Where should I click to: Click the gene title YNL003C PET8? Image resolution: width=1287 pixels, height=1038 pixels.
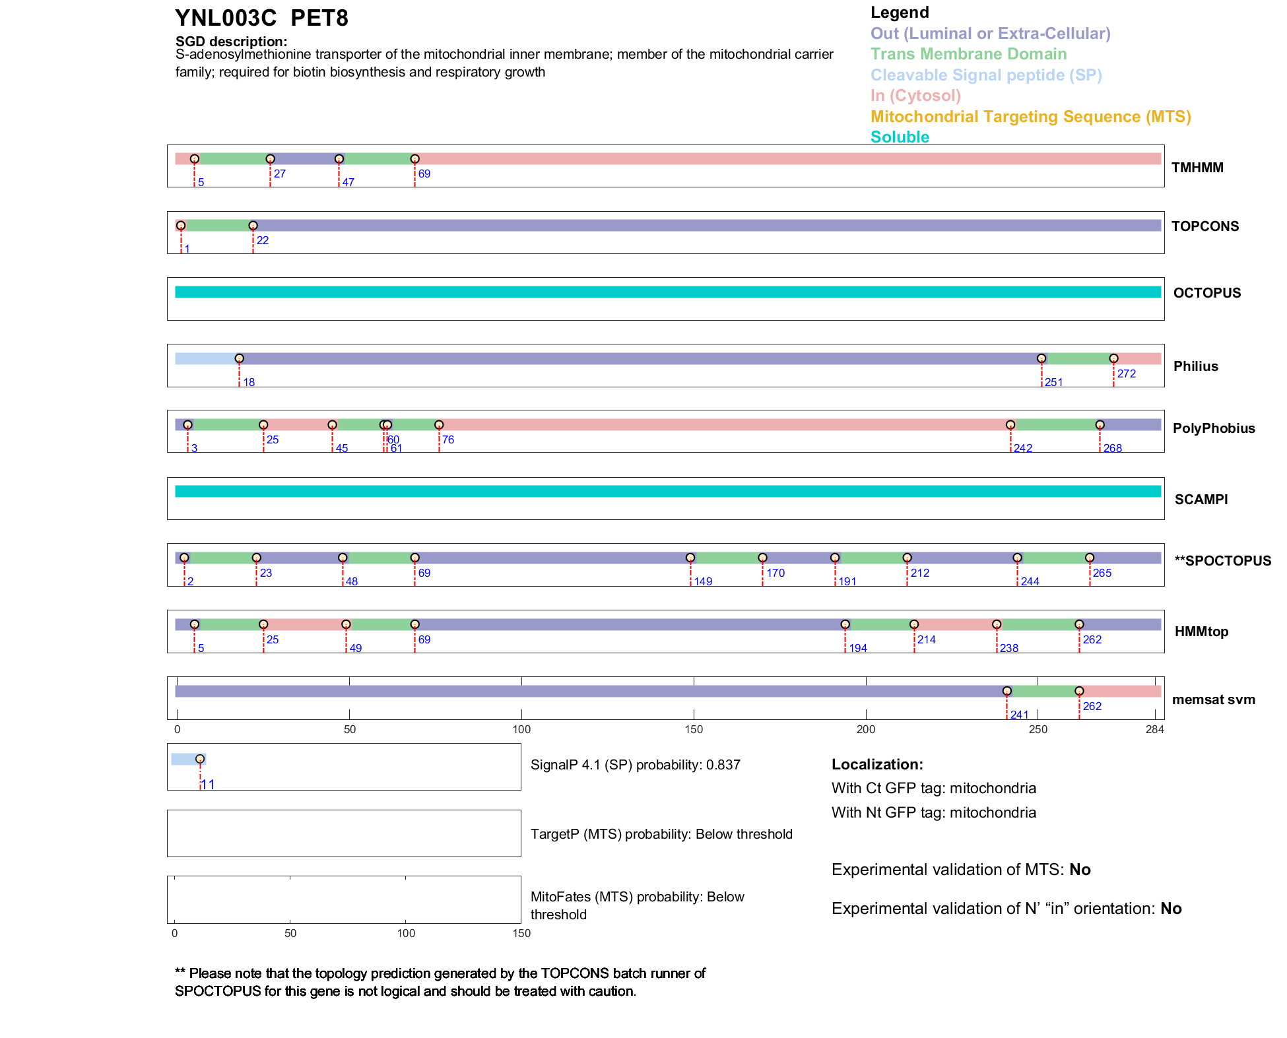point(261,18)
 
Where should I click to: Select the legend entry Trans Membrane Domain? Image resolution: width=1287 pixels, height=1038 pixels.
point(968,54)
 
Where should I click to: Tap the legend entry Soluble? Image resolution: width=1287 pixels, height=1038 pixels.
point(900,137)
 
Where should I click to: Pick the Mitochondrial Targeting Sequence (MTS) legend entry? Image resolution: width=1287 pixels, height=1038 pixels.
point(1030,117)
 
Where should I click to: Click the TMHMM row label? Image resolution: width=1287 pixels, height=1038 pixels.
point(1197,168)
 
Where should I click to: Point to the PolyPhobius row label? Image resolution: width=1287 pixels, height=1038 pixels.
point(1214,428)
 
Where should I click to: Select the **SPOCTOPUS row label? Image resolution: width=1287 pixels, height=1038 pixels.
point(1223,561)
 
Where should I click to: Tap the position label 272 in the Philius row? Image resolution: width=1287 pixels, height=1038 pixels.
point(1127,373)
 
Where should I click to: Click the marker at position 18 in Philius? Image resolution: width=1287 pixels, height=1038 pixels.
point(240,359)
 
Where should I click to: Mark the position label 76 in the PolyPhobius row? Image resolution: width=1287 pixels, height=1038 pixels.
point(448,439)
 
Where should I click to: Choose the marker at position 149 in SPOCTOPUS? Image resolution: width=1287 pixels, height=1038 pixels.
point(690,558)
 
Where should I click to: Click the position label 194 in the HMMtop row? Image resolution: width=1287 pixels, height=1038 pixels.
point(858,648)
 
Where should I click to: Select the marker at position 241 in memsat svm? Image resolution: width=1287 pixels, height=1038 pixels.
point(1007,692)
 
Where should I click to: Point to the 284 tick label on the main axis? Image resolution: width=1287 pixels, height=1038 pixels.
point(1155,729)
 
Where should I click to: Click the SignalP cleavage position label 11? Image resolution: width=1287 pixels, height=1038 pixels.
point(208,785)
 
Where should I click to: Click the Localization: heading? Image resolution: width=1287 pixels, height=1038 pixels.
point(877,765)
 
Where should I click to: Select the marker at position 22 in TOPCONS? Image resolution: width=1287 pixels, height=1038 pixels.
point(253,226)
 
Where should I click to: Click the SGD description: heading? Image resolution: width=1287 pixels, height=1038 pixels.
point(231,42)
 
